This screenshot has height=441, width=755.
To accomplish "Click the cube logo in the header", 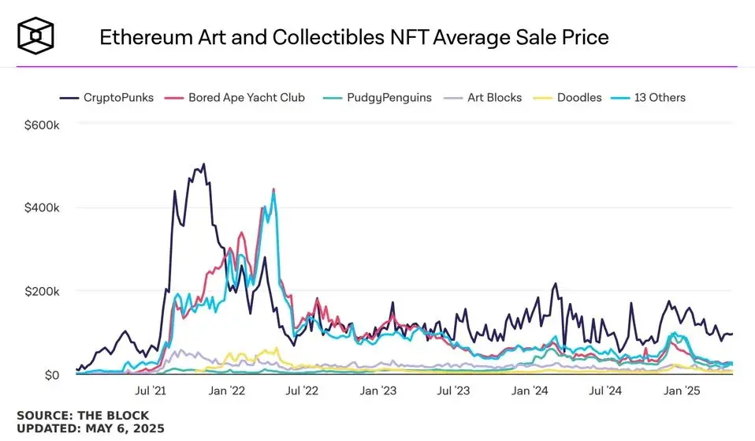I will (x=37, y=36).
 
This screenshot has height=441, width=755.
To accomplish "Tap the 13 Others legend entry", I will (x=656, y=98).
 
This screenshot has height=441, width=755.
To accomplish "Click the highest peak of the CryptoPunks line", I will (x=204, y=164).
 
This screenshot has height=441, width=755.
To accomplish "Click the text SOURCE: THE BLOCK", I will (x=83, y=415).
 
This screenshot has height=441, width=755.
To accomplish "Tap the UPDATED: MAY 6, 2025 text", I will (x=91, y=428).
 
